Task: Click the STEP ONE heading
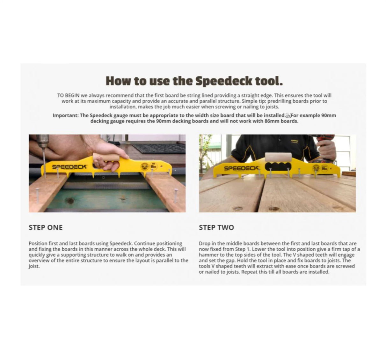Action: [46, 227]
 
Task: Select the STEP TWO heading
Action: [216, 227]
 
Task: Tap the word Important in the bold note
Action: [65, 115]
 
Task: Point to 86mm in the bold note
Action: [270, 121]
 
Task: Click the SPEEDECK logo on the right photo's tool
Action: [241, 168]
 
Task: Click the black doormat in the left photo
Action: [158, 148]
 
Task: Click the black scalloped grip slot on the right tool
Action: [277, 168]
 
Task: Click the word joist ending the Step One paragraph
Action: [33, 266]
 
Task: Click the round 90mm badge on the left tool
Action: [145, 166]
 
